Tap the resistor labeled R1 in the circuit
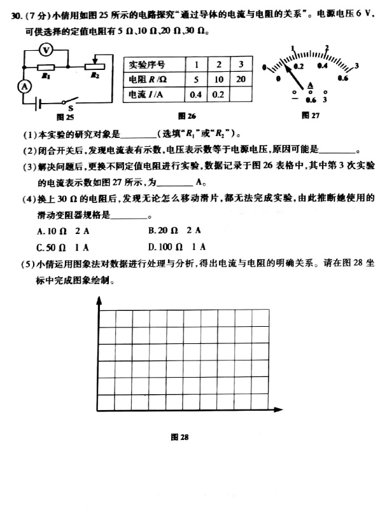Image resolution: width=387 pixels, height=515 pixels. pyautogui.click(x=46, y=67)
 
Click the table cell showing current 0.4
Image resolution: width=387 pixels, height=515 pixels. pyautogui.click(x=196, y=94)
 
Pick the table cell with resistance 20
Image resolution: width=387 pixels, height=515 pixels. pyautogui.click(x=240, y=79)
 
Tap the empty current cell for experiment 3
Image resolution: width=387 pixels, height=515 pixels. pyautogui.click(x=240, y=94)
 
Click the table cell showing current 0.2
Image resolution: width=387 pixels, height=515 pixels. pyautogui.click(x=218, y=94)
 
